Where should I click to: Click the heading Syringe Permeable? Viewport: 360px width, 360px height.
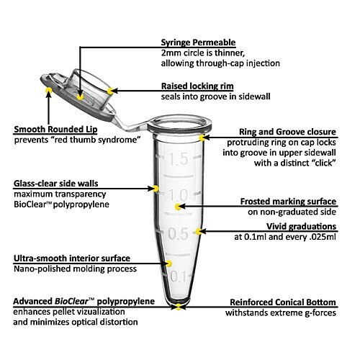(198, 42)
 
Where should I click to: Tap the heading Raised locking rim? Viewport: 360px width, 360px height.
(197, 86)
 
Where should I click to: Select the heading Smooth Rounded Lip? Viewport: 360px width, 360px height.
(55, 130)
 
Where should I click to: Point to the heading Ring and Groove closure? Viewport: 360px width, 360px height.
(287, 132)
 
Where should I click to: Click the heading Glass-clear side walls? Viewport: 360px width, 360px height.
(56, 184)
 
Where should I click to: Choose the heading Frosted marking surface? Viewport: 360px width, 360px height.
(288, 202)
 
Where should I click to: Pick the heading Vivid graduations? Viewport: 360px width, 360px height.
(301, 227)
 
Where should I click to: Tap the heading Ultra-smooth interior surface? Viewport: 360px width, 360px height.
(72, 258)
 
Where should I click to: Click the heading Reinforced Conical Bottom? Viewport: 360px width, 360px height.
(283, 302)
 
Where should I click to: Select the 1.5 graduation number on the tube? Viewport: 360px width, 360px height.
(179, 159)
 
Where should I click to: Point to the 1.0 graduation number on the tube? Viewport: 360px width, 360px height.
(179, 195)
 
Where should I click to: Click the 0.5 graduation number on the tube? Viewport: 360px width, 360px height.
(178, 233)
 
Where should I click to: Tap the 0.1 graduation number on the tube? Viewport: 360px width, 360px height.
(178, 276)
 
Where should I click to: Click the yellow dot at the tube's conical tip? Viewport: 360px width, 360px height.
(179, 307)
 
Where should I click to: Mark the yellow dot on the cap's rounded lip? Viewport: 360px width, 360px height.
(49, 90)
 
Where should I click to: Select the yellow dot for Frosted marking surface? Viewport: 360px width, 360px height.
(178, 207)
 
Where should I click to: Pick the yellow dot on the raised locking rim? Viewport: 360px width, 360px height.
(110, 91)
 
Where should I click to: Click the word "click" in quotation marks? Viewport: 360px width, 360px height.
(323, 163)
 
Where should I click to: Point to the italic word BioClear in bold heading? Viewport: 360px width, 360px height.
(71, 302)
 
